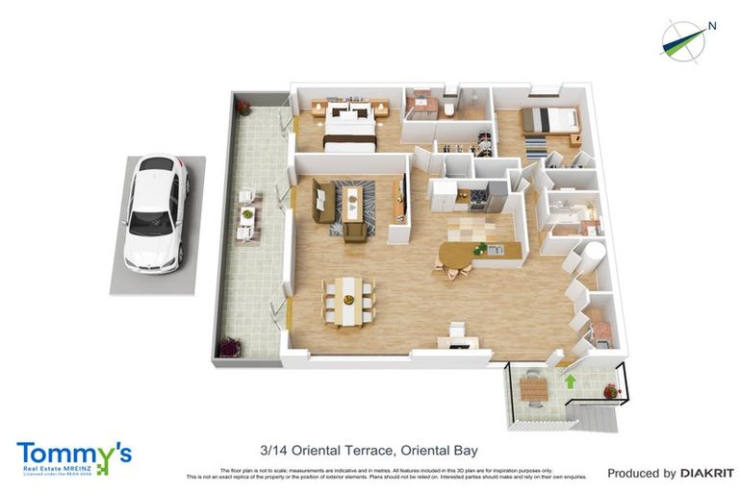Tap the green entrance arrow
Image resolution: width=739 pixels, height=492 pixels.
point(570,381)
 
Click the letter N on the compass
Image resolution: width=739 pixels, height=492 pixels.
point(711,26)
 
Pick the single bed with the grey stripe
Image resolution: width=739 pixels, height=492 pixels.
point(549,120)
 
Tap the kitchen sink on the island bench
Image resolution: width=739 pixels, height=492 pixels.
point(494,251)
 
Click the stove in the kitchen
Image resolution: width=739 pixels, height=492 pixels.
point(478,197)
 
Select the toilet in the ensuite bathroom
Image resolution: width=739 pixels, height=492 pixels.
point(449,111)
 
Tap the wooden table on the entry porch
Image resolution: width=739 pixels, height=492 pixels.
point(533,389)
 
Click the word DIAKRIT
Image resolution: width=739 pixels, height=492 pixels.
point(707,473)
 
